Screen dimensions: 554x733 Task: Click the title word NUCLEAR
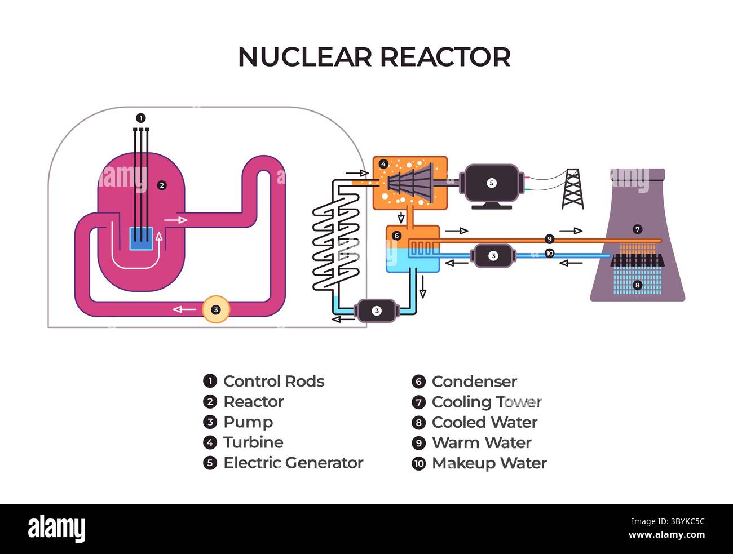tap(305, 57)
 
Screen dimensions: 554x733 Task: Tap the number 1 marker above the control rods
tap(141, 118)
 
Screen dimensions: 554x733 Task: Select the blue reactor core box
tap(142, 238)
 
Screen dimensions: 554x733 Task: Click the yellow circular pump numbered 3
tap(215, 309)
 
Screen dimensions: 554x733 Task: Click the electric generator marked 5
tap(491, 184)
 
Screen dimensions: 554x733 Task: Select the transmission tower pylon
tap(572, 189)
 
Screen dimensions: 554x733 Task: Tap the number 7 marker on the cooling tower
tap(637, 229)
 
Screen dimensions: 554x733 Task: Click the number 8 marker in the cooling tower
tap(637, 285)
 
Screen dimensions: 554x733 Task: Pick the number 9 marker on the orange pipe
tap(549, 239)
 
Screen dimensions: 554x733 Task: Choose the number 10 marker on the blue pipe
tap(549, 254)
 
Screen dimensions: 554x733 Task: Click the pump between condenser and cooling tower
tap(493, 256)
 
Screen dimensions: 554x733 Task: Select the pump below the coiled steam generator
tap(377, 311)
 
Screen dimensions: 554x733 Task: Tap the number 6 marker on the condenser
tap(396, 236)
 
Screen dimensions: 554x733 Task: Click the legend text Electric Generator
tap(293, 463)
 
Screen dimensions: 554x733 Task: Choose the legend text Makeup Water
tap(489, 463)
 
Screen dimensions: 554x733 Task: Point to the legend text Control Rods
tap(273, 382)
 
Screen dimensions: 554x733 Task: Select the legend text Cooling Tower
tap(486, 402)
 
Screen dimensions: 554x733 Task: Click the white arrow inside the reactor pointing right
tap(175, 219)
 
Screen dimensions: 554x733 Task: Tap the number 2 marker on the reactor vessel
tap(162, 185)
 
